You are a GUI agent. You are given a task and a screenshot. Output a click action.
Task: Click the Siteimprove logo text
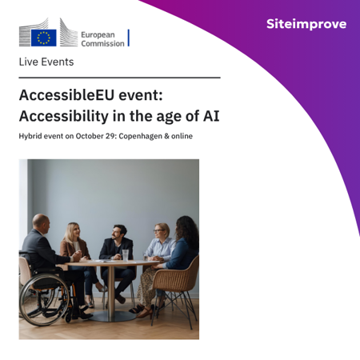click(306, 25)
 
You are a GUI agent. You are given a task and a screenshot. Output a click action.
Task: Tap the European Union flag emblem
click(43, 37)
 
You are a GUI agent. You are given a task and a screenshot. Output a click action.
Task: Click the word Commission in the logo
click(103, 43)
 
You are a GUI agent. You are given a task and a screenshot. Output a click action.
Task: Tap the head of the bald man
click(40, 222)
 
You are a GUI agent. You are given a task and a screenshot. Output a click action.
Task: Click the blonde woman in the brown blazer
click(75, 248)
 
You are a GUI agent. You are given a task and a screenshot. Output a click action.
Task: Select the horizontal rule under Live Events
click(119, 78)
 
